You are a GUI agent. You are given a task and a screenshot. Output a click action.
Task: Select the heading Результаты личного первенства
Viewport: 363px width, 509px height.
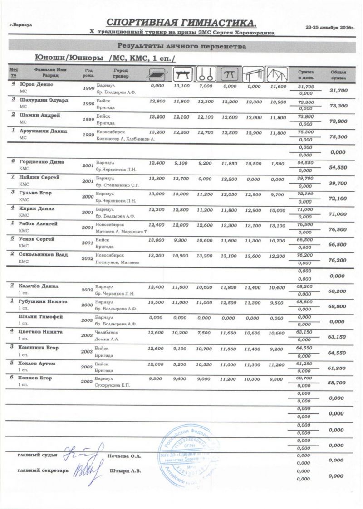[x=182, y=46]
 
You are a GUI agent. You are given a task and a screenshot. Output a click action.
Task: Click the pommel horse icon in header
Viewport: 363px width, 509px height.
[x=181, y=73]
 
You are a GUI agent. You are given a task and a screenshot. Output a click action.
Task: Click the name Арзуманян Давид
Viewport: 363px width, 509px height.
[x=43, y=131]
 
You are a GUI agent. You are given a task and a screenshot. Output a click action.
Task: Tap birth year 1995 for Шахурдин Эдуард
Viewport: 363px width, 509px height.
[x=89, y=104]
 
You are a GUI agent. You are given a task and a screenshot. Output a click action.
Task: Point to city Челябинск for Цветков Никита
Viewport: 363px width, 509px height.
[x=108, y=332]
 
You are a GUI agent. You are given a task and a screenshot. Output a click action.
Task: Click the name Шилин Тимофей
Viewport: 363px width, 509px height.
[x=40, y=316]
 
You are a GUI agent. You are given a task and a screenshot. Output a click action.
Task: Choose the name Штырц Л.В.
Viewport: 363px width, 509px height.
[x=125, y=471]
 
